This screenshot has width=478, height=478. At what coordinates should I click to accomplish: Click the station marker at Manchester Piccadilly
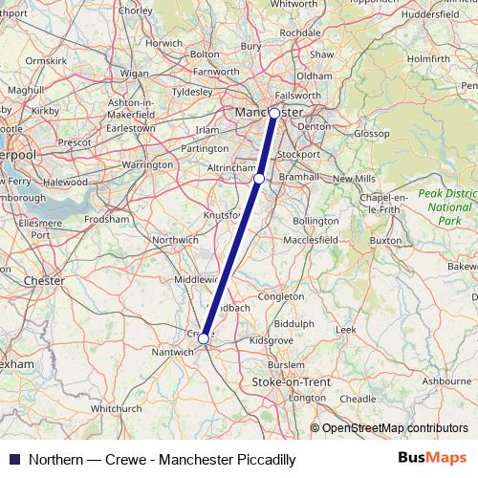274,113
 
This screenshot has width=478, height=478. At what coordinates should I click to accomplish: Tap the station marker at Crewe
204,337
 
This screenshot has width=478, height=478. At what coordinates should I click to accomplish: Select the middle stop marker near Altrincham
259,178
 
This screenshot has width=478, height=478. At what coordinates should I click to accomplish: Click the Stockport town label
298,153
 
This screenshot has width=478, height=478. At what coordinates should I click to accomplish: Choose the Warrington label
146,165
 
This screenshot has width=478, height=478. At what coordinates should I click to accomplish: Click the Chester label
43,281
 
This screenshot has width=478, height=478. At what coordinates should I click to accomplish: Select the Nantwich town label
173,352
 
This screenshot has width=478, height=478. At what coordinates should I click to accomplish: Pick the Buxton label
385,241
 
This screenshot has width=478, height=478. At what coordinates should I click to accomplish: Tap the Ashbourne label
445,380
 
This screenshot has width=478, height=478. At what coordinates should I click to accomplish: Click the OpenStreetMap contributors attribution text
394,428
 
